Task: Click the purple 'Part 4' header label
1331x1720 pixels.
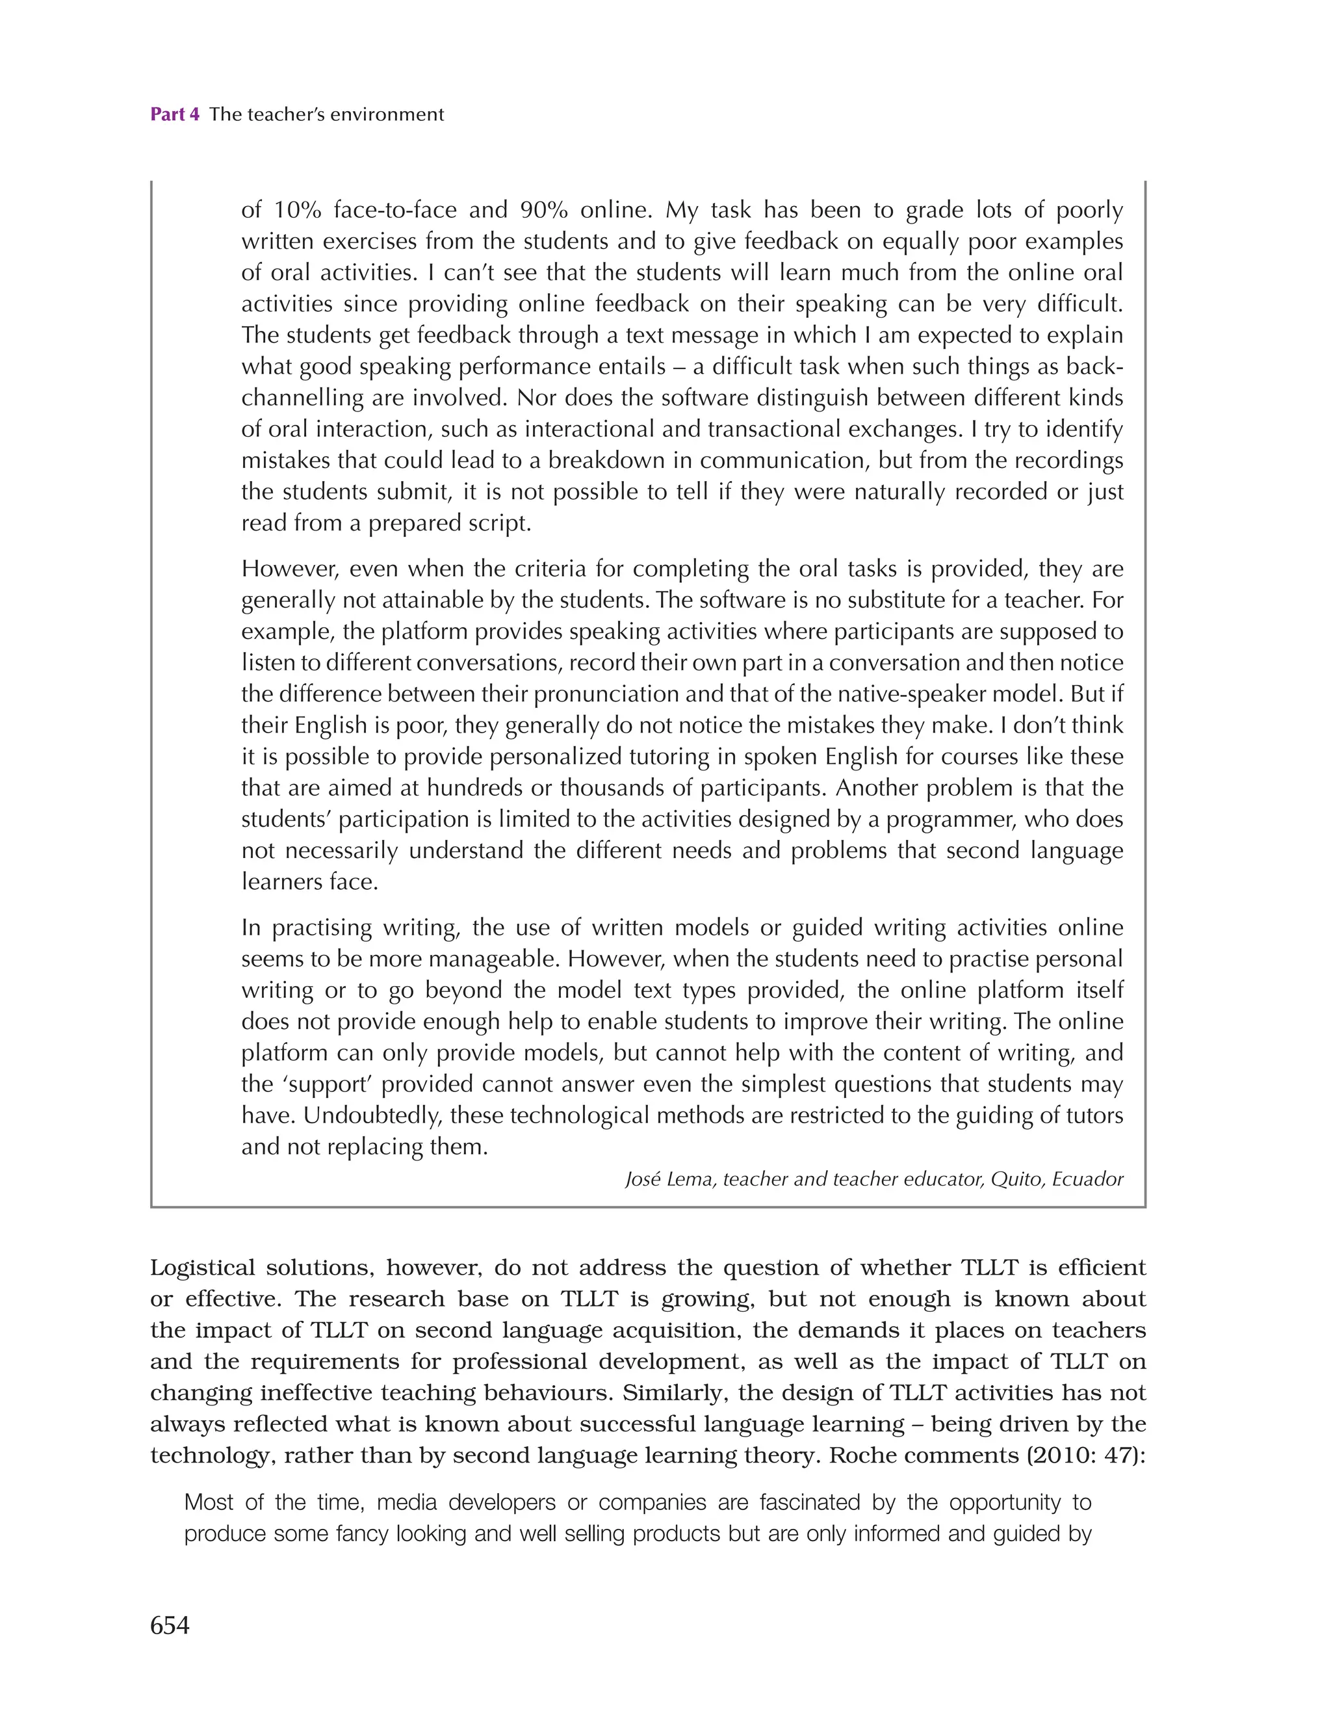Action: point(174,114)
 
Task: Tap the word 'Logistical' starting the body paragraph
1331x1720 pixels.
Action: point(202,1268)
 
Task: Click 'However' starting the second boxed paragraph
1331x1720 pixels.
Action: point(289,569)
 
